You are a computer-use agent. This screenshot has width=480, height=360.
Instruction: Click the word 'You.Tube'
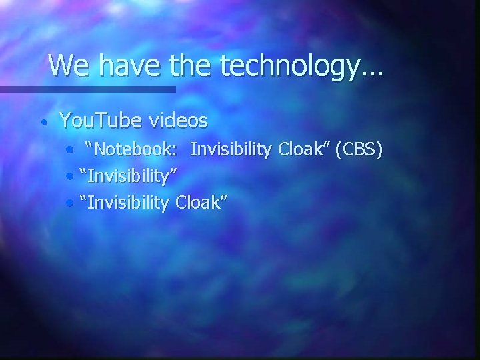100,121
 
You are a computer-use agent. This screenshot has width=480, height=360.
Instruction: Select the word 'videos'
178,121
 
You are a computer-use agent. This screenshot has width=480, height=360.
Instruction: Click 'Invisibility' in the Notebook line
230,151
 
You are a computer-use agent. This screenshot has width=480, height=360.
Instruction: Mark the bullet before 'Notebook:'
71,151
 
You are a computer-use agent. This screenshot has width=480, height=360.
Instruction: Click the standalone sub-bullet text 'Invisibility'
129,177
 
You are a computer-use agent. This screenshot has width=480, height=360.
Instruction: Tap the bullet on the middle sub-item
71,177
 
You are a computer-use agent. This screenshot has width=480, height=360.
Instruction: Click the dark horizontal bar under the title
87,89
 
